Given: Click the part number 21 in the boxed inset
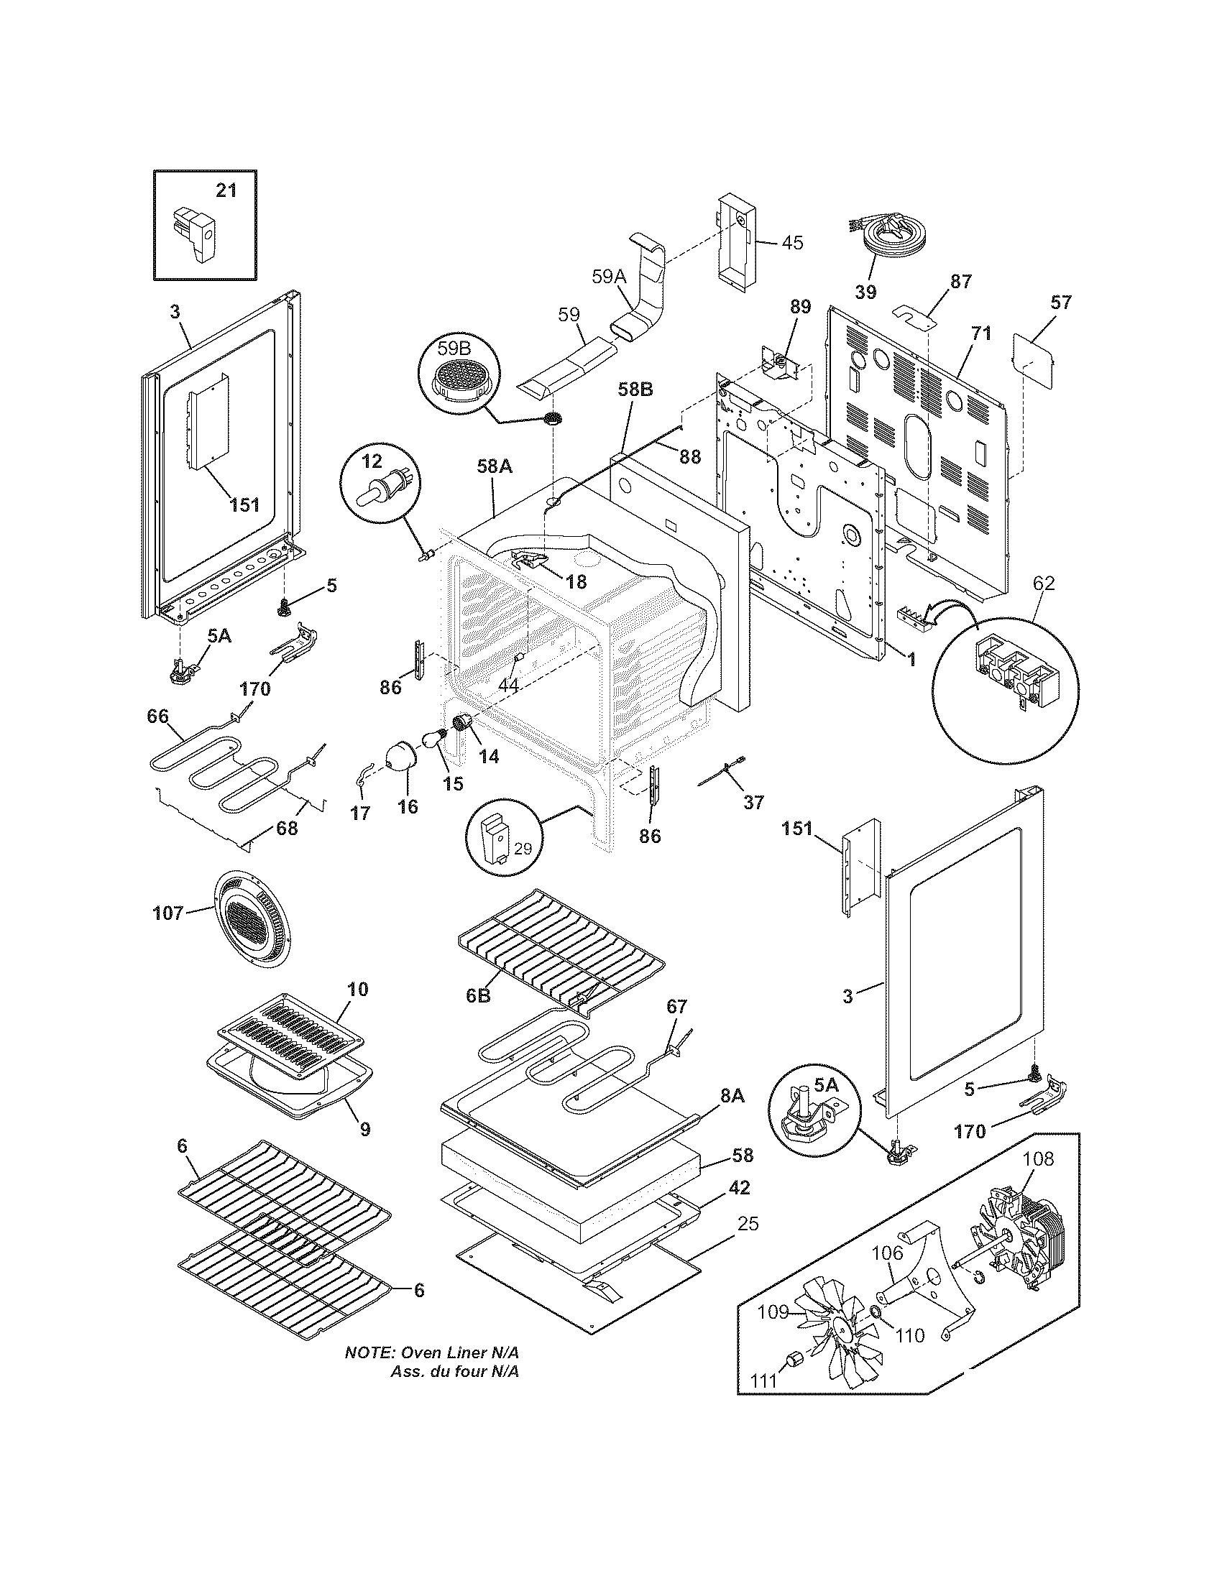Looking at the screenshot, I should point(226,190).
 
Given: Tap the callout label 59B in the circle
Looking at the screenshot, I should point(453,349).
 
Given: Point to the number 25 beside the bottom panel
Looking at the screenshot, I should point(748,1223).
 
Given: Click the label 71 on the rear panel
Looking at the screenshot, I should point(981,333).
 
